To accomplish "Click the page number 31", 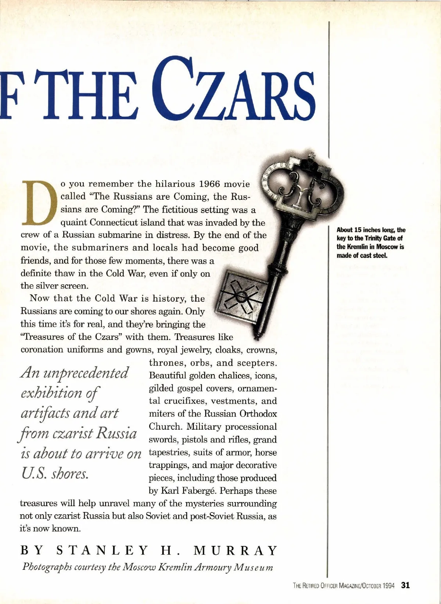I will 405,585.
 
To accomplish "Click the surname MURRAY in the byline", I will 235,550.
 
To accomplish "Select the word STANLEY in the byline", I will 102,550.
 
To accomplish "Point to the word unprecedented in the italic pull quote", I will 86,373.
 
